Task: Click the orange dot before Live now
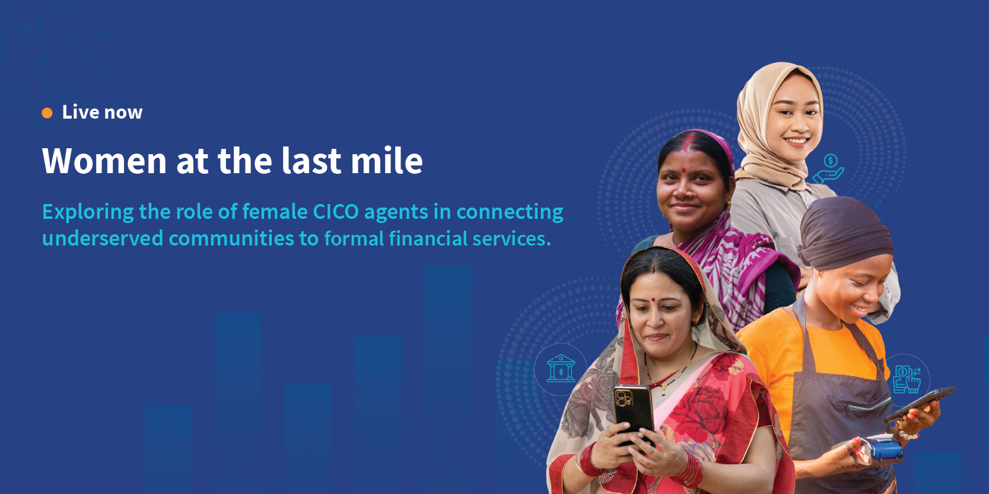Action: pyautogui.click(x=47, y=113)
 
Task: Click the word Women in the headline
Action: pyautogui.click(x=104, y=160)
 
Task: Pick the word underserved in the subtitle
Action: pyautogui.click(x=103, y=238)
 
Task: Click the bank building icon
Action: pyautogui.click(x=561, y=368)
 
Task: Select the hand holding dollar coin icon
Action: pyautogui.click(x=828, y=169)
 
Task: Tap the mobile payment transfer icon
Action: pyautogui.click(x=907, y=379)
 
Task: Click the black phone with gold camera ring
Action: pyautogui.click(x=633, y=412)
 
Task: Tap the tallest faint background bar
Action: pyautogui.click(x=448, y=380)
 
